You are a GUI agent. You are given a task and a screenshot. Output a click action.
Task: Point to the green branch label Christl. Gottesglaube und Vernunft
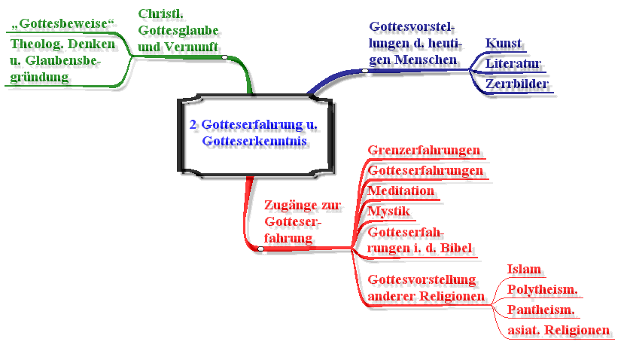coord(178,31)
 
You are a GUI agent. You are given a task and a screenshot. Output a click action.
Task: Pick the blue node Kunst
coord(503,43)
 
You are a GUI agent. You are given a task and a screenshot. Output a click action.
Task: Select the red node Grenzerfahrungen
coord(424,150)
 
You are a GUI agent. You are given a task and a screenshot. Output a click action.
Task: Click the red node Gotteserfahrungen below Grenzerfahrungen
coord(425,171)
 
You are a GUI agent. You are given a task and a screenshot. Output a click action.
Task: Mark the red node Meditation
coord(400,191)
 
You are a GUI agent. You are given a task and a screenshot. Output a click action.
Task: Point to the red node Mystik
coord(388,211)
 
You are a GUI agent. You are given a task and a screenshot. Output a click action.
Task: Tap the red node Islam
coord(525,269)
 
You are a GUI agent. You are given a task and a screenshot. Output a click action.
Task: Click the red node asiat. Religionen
coord(558,330)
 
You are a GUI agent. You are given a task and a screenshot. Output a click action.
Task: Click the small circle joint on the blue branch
coord(364,71)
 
